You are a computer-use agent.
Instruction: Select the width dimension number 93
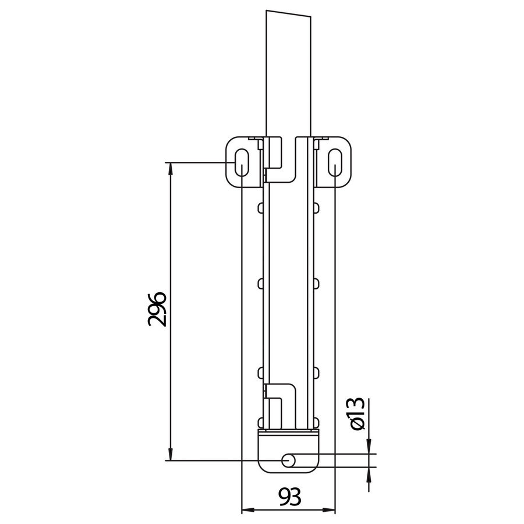[x=288, y=498]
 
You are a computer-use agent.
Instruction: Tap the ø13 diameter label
[x=356, y=415]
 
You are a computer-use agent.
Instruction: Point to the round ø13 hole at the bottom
[x=288, y=461]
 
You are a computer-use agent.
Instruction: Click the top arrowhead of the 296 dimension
[x=170, y=168]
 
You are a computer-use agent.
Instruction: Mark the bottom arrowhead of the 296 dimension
[x=170, y=454]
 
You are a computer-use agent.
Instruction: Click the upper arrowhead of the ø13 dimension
[x=369, y=447]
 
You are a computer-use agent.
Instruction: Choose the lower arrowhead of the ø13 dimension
[x=369, y=474]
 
